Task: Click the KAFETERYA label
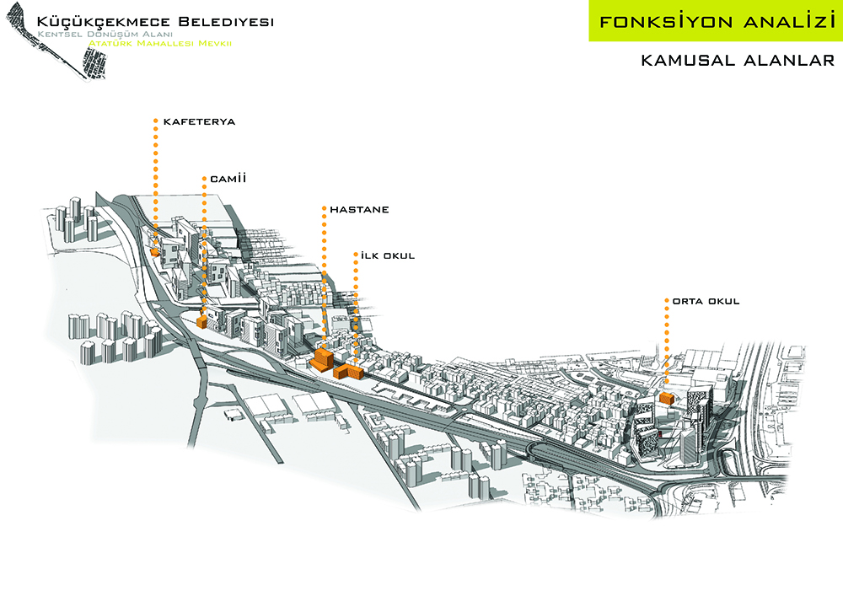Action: (x=199, y=122)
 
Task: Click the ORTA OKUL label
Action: (x=706, y=301)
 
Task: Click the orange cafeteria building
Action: (x=155, y=250)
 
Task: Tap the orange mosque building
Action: (x=201, y=321)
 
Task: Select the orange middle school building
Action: (x=666, y=398)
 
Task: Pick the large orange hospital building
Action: (x=321, y=360)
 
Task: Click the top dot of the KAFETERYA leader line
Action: (x=156, y=121)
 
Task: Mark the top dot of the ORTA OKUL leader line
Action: (x=666, y=300)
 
